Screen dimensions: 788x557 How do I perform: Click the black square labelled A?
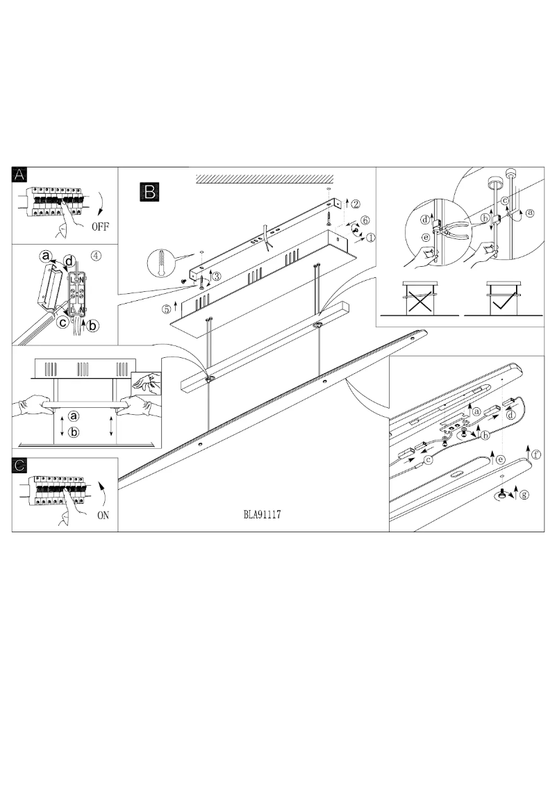20,174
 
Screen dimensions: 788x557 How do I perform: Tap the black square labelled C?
20,466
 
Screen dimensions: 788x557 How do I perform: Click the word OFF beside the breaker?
99,227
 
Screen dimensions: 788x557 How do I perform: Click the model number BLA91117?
261,516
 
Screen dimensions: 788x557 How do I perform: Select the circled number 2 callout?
355,204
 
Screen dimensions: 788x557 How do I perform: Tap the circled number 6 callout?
365,220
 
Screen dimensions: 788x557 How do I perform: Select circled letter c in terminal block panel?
62,322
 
